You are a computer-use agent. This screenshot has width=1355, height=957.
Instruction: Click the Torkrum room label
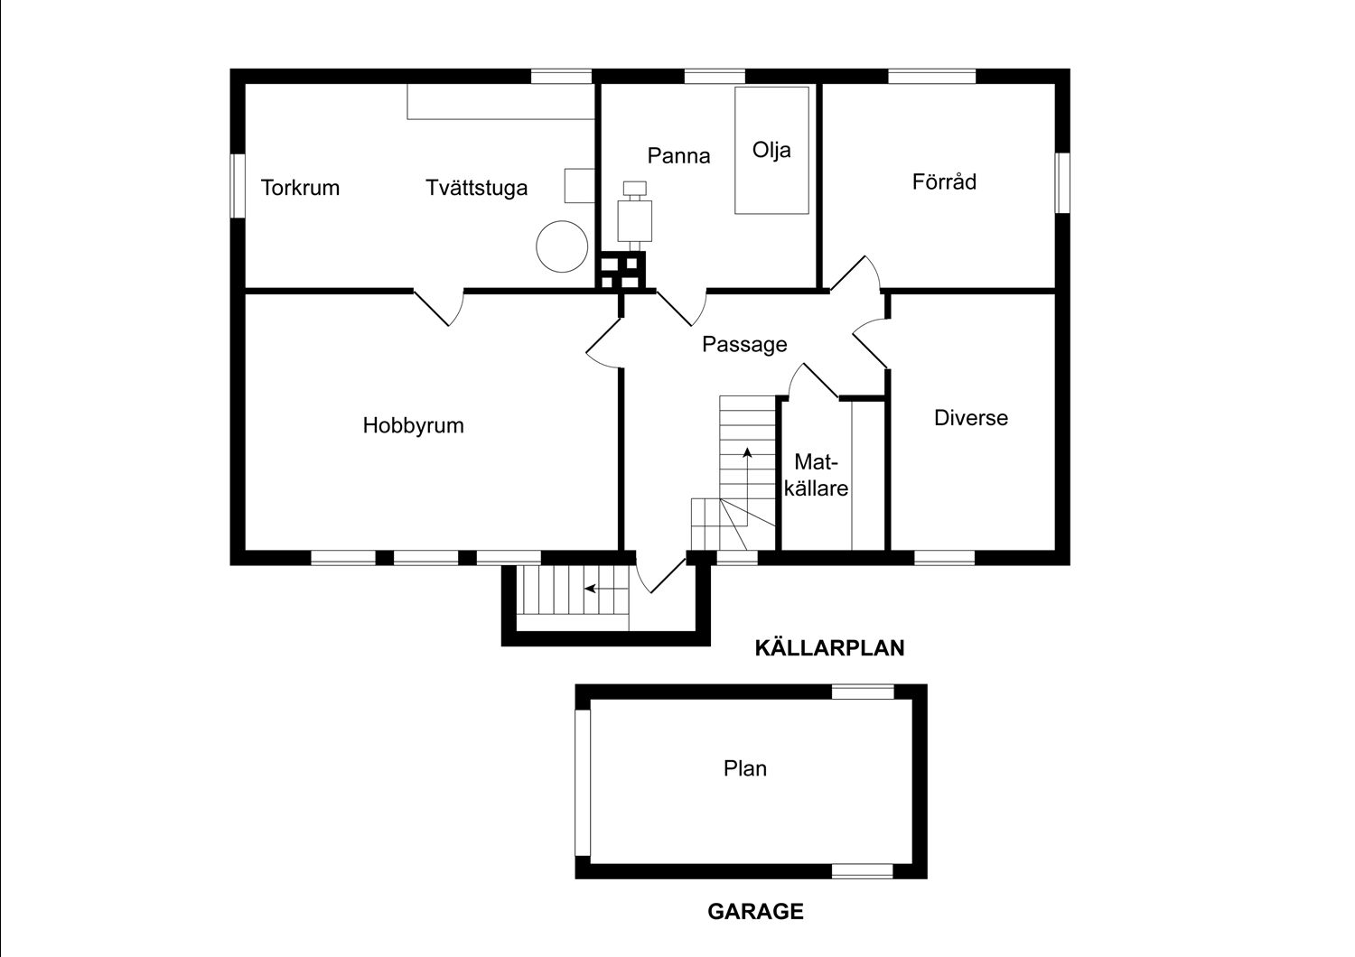pyautogui.click(x=300, y=188)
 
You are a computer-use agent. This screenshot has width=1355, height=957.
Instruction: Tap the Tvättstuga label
pyautogui.click(x=476, y=188)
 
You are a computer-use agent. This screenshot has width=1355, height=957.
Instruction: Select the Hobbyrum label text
pyautogui.click(x=413, y=425)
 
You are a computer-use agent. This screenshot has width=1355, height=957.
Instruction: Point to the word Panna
pyautogui.click(x=678, y=155)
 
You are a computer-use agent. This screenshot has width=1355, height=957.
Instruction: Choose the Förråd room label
pyautogui.click(x=944, y=181)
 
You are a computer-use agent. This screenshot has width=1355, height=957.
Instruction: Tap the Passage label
pyautogui.click(x=744, y=344)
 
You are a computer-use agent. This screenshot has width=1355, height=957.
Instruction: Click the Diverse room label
pyautogui.click(x=970, y=418)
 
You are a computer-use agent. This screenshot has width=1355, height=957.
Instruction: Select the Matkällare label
pyautogui.click(x=816, y=475)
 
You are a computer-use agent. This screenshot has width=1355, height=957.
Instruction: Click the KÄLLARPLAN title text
pyautogui.click(x=829, y=647)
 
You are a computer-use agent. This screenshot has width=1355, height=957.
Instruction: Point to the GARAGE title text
pyautogui.click(x=755, y=911)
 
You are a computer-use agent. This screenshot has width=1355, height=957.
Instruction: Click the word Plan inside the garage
pyautogui.click(x=745, y=768)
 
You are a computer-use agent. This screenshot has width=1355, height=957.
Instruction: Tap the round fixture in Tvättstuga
pyautogui.click(x=561, y=246)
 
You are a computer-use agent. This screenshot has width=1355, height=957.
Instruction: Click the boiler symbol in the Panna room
pyautogui.click(x=633, y=216)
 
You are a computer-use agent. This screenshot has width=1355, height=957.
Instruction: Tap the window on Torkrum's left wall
pyautogui.click(x=238, y=185)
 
